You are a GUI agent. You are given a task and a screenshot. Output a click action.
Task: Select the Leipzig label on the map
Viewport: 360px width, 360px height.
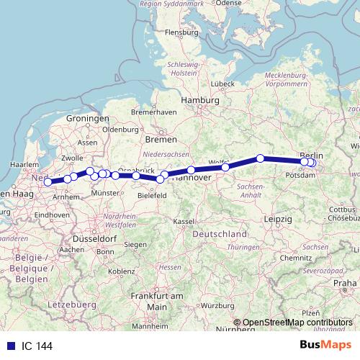(x=277, y=218)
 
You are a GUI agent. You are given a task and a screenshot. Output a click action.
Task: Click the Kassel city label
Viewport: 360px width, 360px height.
(x=184, y=220)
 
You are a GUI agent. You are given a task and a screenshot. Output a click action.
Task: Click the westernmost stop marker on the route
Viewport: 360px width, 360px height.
(x=48, y=182)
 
